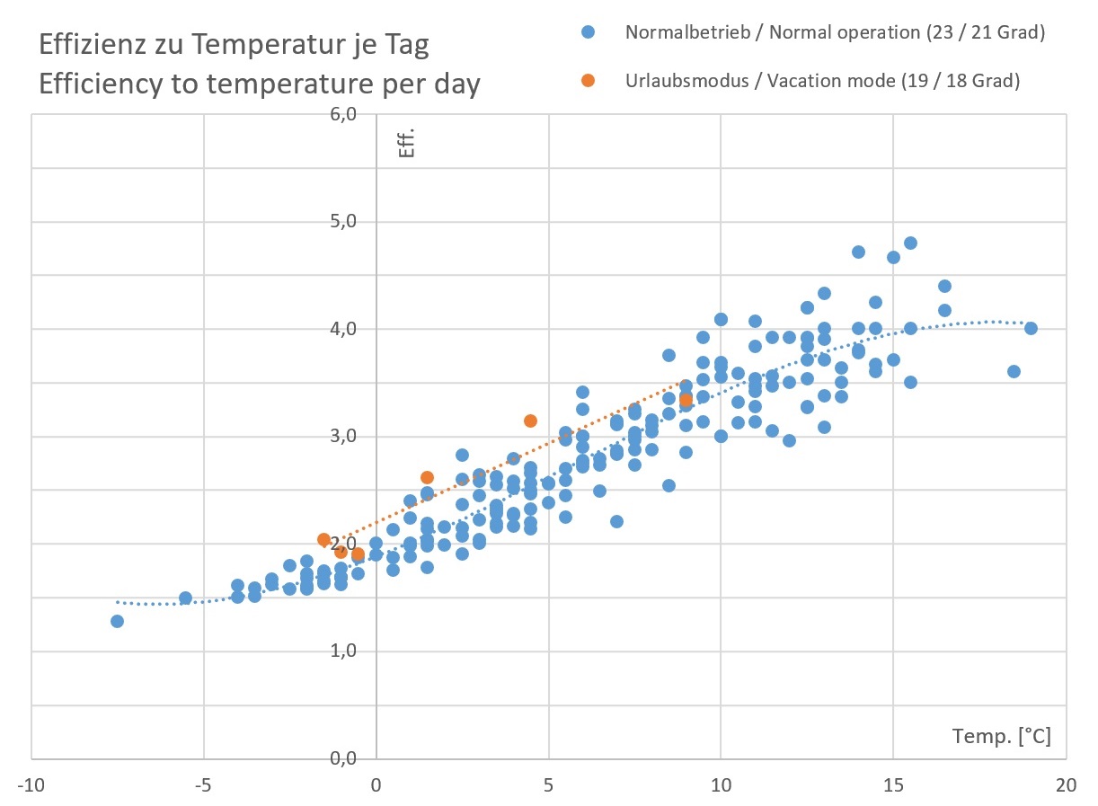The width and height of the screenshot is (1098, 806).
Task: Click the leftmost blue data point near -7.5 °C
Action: click(117, 621)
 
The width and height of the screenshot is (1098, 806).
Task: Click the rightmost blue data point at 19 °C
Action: click(1031, 328)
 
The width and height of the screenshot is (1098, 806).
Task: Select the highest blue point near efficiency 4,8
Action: click(910, 243)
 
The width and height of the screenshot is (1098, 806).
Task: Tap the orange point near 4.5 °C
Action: click(530, 421)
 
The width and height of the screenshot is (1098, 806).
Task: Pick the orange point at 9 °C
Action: click(686, 401)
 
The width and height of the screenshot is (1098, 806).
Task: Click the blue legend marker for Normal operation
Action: click(588, 32)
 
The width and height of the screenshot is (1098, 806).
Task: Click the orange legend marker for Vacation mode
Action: click(588, 80)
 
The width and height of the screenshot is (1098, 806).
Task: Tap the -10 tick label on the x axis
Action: click(31, 784)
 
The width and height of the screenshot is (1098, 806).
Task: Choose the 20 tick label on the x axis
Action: click(1066, 784)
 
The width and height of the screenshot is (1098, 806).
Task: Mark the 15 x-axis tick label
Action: click(893, 784)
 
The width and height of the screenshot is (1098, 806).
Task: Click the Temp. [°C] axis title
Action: click(1001, 737)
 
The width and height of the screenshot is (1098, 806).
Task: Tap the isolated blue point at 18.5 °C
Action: click(1014, 371)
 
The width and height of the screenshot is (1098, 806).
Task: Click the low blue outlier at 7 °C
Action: click(616, 521)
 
